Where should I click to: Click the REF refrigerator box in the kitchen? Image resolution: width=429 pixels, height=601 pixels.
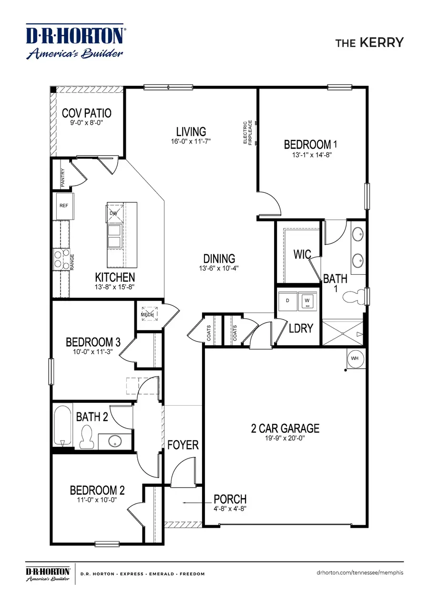(64, 206)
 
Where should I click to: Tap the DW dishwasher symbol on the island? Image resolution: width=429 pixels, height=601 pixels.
(113, 213)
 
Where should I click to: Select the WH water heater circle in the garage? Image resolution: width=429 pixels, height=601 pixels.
(355, 358)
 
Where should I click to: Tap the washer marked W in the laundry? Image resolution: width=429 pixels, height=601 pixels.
(306, 300)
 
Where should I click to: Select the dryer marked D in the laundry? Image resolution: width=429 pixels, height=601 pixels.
(287, 300)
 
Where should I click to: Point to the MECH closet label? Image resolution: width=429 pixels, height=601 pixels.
(145, 315)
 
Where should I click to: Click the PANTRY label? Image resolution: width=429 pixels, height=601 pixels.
(62, 176)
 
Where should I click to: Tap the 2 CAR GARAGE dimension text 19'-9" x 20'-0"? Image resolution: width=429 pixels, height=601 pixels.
(285, 438)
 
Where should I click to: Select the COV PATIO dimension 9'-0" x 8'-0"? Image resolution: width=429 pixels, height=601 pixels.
(86, 122)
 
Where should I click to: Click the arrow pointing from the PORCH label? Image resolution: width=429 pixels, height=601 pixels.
(195, 502)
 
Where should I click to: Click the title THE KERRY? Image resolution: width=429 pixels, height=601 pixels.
(369, 42)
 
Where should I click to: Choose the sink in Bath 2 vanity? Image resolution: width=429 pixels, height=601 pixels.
(115, 441)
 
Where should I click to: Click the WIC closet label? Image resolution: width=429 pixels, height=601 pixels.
(302, 254)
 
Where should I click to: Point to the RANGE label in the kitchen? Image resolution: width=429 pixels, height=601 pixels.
(72, 262)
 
